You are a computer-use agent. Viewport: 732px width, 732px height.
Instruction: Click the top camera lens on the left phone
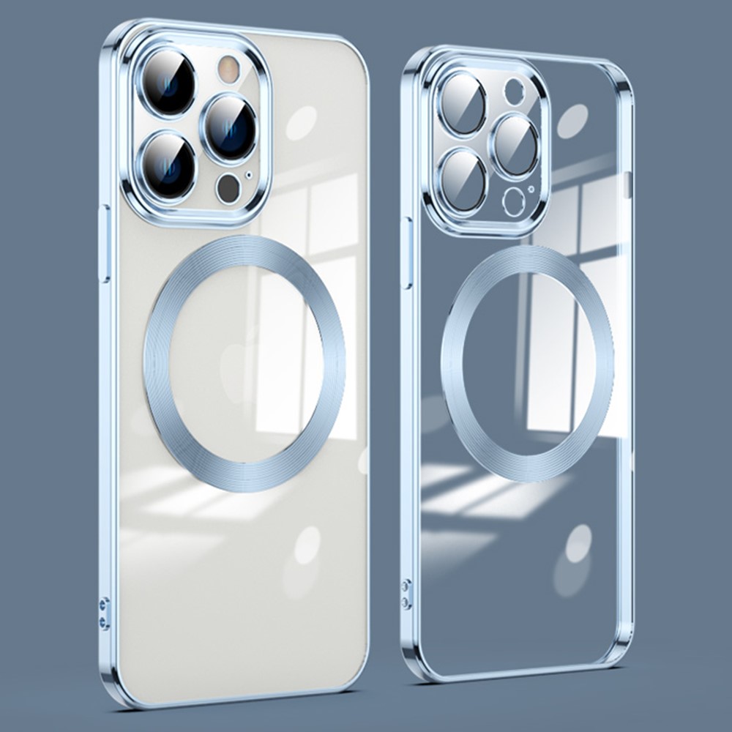(x=171, y=81)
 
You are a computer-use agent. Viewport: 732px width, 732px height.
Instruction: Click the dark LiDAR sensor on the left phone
(x=228, y=188)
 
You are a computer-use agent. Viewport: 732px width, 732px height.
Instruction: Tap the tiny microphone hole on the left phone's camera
(x=250, y=175)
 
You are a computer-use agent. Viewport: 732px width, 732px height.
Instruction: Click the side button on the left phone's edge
(x=105, y=244)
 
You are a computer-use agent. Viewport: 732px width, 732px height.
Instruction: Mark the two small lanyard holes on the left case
(x=104, y=613)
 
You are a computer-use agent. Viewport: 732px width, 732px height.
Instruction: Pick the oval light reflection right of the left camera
(x=301, y=123)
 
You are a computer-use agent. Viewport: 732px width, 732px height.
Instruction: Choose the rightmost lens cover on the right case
(x=516, y=145)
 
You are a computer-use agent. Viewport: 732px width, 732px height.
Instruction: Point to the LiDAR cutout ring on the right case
(x=515, y=201)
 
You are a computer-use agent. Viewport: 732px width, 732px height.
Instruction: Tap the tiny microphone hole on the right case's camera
(x=532, y=189)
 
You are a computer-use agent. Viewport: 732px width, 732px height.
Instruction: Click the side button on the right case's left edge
(x=407, y=253)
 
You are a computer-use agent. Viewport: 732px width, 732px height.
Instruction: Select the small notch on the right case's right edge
(x=626, y=185)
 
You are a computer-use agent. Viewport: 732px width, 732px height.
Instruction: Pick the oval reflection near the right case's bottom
(x=578, y=544)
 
